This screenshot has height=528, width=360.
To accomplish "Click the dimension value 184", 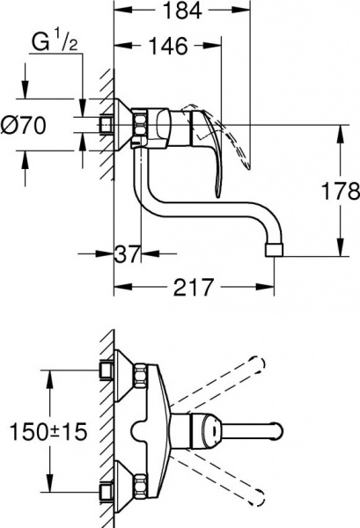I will coord(179,11).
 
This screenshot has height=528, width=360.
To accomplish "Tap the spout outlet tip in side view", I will coord(274,250).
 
